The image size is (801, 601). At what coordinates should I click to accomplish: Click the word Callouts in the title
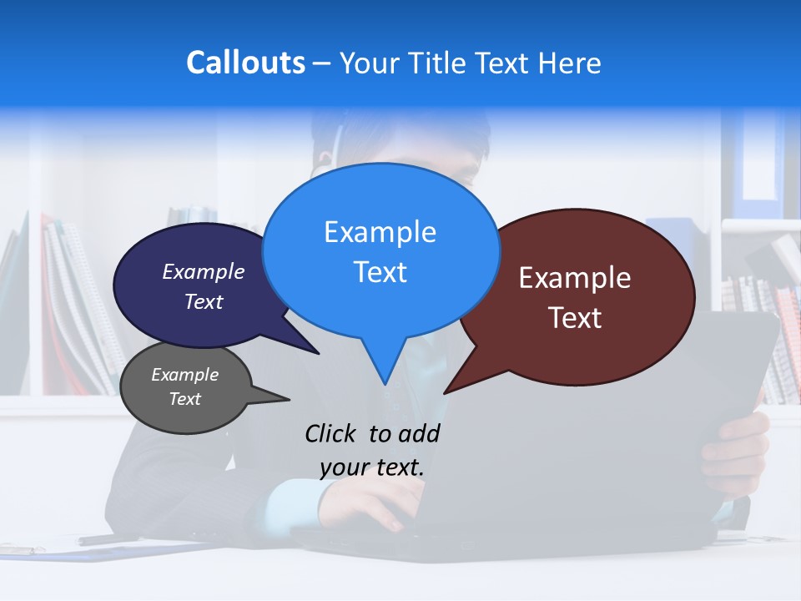pos(245,63)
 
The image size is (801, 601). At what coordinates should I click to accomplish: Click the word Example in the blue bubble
pos(380,232)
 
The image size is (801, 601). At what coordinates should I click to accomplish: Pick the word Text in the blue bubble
pos(380,272)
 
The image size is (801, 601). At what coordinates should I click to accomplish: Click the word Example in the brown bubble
pos(575,278)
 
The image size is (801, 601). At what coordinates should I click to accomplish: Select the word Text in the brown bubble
pos(575,318)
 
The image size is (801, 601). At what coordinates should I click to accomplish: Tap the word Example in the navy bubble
pos(204,271)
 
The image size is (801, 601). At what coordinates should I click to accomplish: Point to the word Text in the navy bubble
pos(204,301)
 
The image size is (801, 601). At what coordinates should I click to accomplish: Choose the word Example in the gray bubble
pos(185,375)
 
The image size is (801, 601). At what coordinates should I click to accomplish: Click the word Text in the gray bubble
pos(185,399)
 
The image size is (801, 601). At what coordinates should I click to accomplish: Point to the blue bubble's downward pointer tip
pos(385,385)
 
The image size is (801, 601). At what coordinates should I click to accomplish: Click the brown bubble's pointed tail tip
pos(444,392)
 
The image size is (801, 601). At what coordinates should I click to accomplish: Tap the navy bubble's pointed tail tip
pos(319,353)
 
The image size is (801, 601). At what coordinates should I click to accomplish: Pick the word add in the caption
pos(419,433)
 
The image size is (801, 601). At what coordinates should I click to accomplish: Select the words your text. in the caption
pos(372,467)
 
